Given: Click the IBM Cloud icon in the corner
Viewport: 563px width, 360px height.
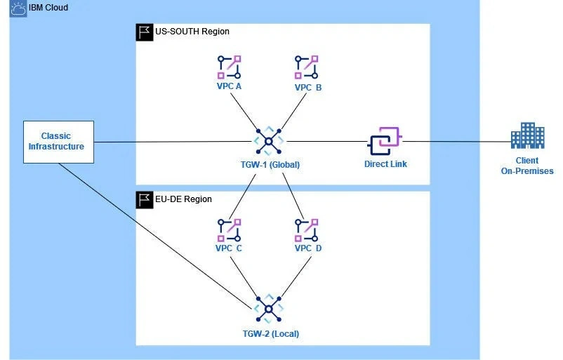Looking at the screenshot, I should coord(18,9).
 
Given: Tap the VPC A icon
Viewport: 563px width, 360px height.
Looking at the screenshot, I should coord(229,67).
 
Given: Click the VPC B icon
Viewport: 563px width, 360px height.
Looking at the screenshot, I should coord(307,67).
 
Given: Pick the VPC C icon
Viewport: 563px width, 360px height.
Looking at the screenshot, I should coord(229,230).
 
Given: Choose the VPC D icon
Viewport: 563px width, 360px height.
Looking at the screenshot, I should coord(307,230).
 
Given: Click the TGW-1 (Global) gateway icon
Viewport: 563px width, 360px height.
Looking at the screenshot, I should coord(268,142).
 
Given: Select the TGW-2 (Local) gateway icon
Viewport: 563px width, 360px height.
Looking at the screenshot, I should coord(268,309).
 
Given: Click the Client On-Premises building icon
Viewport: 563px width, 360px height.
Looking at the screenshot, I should coord(528,135).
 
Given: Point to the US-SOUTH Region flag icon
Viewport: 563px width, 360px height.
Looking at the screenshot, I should coord(144,32).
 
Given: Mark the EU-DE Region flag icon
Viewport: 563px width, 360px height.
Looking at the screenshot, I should coord(144,199).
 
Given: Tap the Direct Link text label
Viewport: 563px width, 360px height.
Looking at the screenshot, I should coord(385,164).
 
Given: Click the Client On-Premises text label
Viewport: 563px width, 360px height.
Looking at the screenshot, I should coord(527,166).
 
